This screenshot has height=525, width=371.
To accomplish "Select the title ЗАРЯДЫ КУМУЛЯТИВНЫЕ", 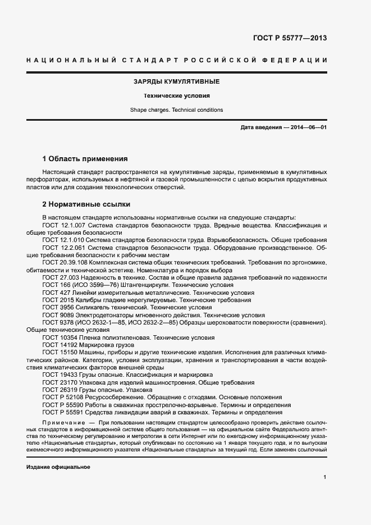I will point(176,82).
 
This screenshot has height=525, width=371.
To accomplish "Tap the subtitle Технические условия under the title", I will point(176,96).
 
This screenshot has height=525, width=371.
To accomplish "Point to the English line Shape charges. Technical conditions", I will point(176,110).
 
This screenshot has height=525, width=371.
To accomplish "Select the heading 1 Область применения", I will point(85,159).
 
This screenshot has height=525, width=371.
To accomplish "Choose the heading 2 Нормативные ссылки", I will point(86,204).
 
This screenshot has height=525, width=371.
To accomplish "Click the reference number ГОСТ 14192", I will point(58,345).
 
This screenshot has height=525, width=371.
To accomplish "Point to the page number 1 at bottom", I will point(325,477).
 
